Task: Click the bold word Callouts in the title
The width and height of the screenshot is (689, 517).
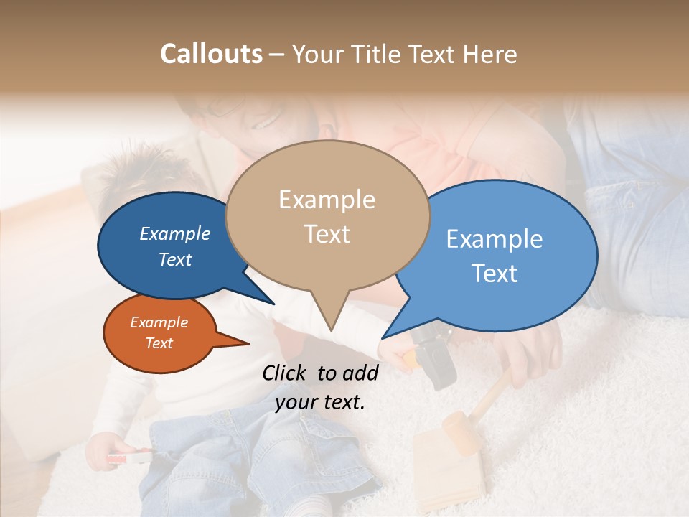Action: (x=211, y=54)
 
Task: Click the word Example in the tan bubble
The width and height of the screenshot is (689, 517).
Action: (x=327, y=200)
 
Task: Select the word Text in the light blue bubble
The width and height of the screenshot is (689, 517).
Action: (x=495, y=274)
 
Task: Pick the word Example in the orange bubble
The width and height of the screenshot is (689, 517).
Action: (x=159, y=322)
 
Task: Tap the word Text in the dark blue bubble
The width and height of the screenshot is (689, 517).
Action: (x=175, y=259)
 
